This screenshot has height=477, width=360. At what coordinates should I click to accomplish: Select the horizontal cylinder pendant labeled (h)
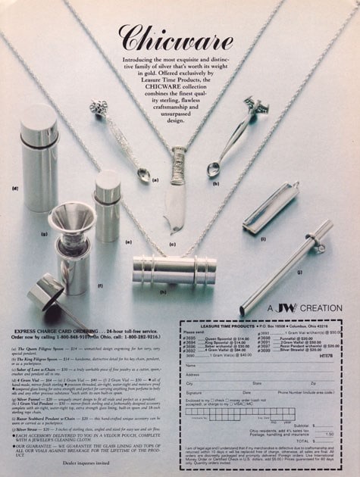(x=164, y=269)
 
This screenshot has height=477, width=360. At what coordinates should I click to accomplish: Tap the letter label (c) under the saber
(x=173, y=244)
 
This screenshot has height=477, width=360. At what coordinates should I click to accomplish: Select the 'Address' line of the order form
(x=194, y=374)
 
